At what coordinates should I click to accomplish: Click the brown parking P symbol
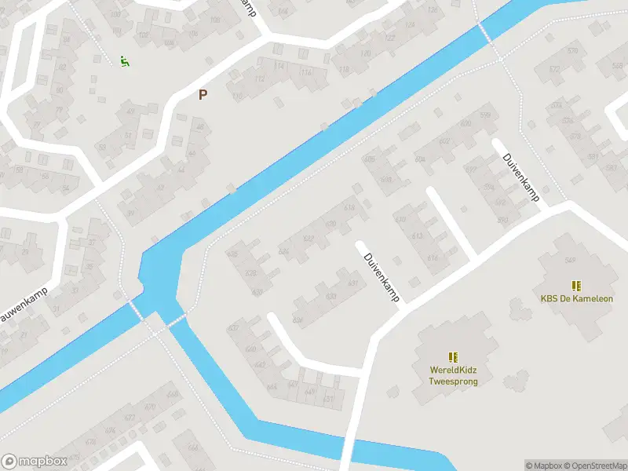pos(203,95)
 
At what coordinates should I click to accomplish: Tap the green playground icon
pos(124,60)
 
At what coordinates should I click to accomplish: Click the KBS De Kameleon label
pos(576,298)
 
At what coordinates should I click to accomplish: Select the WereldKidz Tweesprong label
pos(453,375)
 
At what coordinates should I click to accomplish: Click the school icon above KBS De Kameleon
pos(576,286)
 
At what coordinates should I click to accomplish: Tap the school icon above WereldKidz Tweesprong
pos(453,357)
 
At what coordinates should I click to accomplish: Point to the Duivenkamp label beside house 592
pos(521,178)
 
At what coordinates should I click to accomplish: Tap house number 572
pos(556,70)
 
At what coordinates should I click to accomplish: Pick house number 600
pos(465,124)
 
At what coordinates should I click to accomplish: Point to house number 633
pos(331,297)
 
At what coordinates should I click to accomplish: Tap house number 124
pos(408,25)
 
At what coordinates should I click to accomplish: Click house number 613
pos(418,236)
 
